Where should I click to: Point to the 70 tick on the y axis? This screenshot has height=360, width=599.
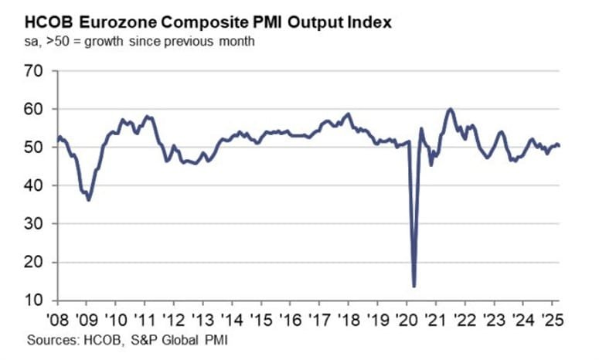(x=39, y=72)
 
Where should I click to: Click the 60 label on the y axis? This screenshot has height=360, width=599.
(x=39, y=110)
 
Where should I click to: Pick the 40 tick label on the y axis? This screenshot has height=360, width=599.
(x=39, y=186)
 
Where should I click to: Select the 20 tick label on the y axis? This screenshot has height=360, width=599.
(x=39, y=263)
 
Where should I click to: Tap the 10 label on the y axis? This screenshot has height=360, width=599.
(x=39, y=301)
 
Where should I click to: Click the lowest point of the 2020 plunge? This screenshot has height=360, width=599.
(x=414, y=286)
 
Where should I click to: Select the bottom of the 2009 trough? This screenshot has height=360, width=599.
(x=89, y=200)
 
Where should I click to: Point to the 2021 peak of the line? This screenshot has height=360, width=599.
(x=450, y=109)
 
